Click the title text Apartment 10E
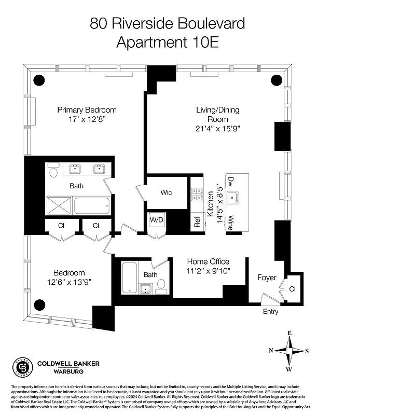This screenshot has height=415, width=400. pos(167,43)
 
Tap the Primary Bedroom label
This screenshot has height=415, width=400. pos(87,110)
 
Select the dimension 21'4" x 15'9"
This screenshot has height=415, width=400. pos(218,128)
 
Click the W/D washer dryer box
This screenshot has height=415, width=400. pos(156,220)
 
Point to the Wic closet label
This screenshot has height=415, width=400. pos(166,192)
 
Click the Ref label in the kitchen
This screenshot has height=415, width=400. pos(197,222)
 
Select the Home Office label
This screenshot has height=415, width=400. pos(208,261)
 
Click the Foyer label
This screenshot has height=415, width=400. pos(267,278)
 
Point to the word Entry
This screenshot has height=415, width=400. pos(270,312)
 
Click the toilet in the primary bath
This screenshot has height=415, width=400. pos(53,170)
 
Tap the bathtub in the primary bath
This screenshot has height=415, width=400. pos(92,205)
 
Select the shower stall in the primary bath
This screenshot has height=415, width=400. pos(58,205)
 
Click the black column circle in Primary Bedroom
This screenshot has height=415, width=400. pos(39,80)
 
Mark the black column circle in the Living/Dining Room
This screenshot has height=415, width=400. pos(277,80)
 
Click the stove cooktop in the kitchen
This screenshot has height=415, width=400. pos(197,195)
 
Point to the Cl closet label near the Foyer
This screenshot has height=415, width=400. pos(292,289)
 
